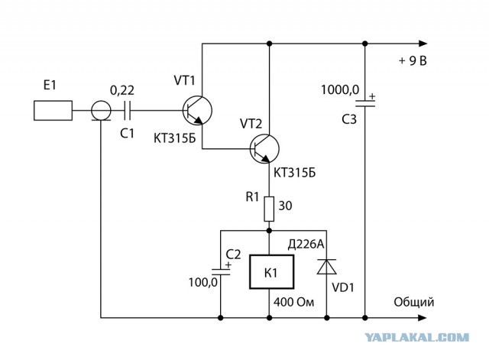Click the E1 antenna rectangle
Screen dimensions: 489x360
(x=53, y=110)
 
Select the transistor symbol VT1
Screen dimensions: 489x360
(x=197, y=110)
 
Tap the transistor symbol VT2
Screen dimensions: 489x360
(x=264, y=149)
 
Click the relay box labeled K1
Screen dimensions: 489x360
(x=272, y=271)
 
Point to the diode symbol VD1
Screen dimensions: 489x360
(x=326, y=267)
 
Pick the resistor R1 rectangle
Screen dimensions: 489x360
(x=269, y=209)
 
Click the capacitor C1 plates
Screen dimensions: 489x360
(x=128, y=110)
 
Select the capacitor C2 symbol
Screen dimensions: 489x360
(x=221, y=271)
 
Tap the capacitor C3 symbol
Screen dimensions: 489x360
(x=365, y=103)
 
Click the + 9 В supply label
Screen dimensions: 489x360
(x=413, y=61)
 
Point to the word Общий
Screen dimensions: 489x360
(x=414, y=302)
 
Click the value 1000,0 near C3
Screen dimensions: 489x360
(x=340, y=90)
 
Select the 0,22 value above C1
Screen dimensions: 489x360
(x=122, y=90)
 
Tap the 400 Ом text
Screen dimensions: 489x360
(x=293, y=302)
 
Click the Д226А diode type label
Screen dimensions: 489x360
(x=306, y=245)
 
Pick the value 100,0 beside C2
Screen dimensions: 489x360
(x=203, y=283)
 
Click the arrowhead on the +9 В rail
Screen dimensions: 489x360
(x=423, y=44)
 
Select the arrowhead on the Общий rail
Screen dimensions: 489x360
(x=423, y=318)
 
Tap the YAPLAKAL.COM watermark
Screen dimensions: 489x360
(x=416, y=337)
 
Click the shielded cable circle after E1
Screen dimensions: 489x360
(x=101, y=110)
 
